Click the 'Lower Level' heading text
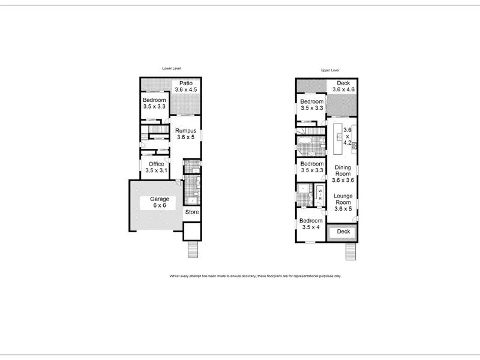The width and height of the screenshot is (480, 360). [x=171, y=68]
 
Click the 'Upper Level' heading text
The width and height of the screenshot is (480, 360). [x=330, y=70]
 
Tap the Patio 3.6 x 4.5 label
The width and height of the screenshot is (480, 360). [x=185, y=86]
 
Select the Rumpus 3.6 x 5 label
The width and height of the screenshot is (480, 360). [x=185, y=133]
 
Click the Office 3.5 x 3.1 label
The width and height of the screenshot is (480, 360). [x=156, y=167]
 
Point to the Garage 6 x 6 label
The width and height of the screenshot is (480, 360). [x=159, y=202]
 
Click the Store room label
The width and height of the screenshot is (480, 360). [x=191, y=212]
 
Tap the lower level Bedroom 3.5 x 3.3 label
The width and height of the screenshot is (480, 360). [x=154, y=103]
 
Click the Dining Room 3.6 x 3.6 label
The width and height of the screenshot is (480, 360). [x=343, y=173]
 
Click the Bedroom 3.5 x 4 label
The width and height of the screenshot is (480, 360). [x=311, y=224]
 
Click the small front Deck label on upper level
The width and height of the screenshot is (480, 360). [x=343, y=232]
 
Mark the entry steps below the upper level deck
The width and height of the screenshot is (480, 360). [x=351, y=253]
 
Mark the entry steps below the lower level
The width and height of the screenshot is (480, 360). [x=193, y=248]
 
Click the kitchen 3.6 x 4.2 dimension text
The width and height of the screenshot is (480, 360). [x=346, y=136]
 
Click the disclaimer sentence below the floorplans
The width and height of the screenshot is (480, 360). [x=255, y=276]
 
